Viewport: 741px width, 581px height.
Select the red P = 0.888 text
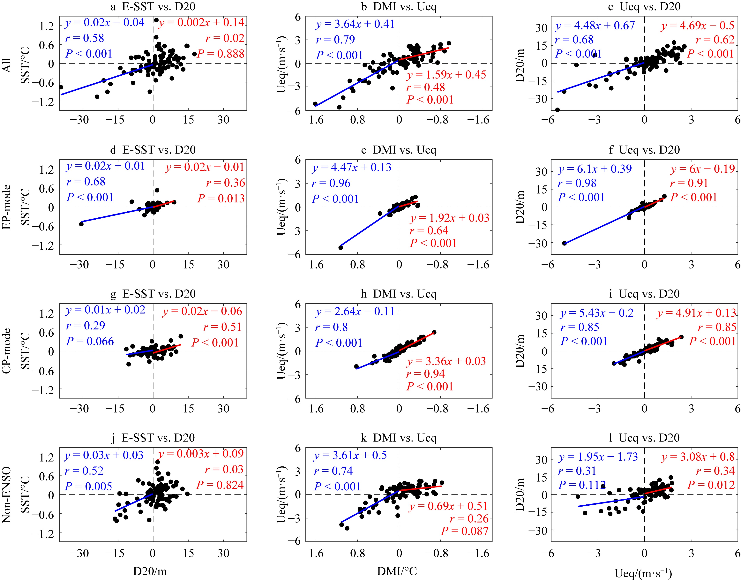point(221,54)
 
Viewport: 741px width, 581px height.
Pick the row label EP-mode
point(7,207)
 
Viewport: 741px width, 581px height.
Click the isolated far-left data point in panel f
point(564,243)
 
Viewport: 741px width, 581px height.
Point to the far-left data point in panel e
point(341,247)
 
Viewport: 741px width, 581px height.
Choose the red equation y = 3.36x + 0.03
point(446,361)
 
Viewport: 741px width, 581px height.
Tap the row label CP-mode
point(7,351)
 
